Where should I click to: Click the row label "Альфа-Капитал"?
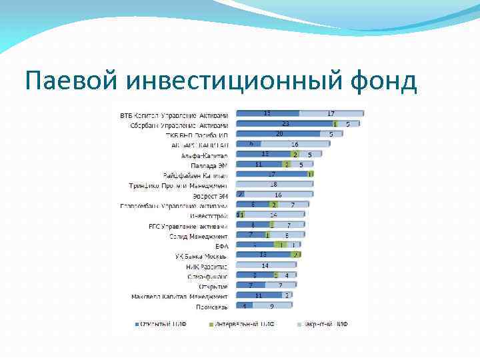205,155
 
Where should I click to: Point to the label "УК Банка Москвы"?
201,256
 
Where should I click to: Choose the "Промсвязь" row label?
212,307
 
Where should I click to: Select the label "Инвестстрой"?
209,215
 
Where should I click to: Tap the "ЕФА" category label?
221,246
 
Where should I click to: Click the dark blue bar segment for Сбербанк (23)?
284,124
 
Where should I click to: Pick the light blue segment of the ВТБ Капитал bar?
331,114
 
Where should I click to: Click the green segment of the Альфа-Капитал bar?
295,155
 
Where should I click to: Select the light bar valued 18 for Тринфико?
273,185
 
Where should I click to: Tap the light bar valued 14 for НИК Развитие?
265,266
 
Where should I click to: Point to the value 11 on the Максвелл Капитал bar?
259,296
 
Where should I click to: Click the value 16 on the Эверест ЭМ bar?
278,195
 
